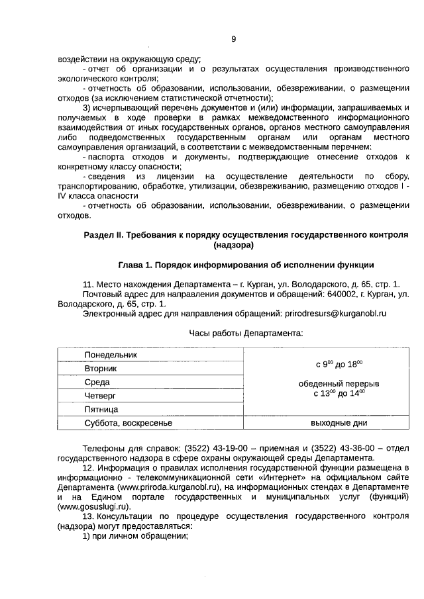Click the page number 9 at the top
[233, 39]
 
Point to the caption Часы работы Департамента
[246, 334]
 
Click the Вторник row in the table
[101, 369]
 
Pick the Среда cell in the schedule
[97, 383]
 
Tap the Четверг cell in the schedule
[100, 396]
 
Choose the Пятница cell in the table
[101, 410]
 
